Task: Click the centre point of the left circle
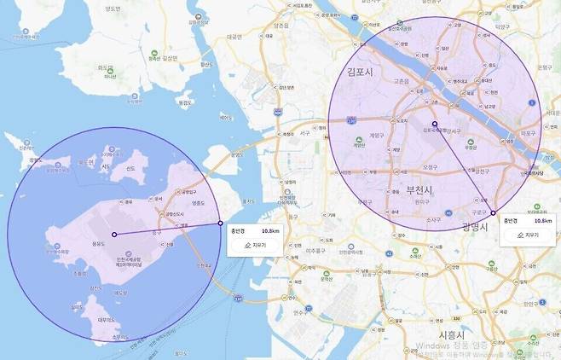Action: [x=113, y=234]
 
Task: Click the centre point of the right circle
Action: [x=434, y=125]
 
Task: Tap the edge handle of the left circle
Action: [x=221, y=224]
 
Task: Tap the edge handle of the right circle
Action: [x=494, y=212]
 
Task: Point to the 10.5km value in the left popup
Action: [x=271, y=230]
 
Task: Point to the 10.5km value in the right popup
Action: [x=542, y=220]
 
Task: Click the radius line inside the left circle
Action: [x=167, y=229]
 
